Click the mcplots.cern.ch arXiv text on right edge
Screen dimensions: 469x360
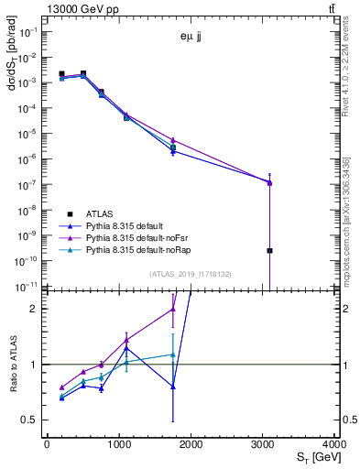(x=350, y=220)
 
